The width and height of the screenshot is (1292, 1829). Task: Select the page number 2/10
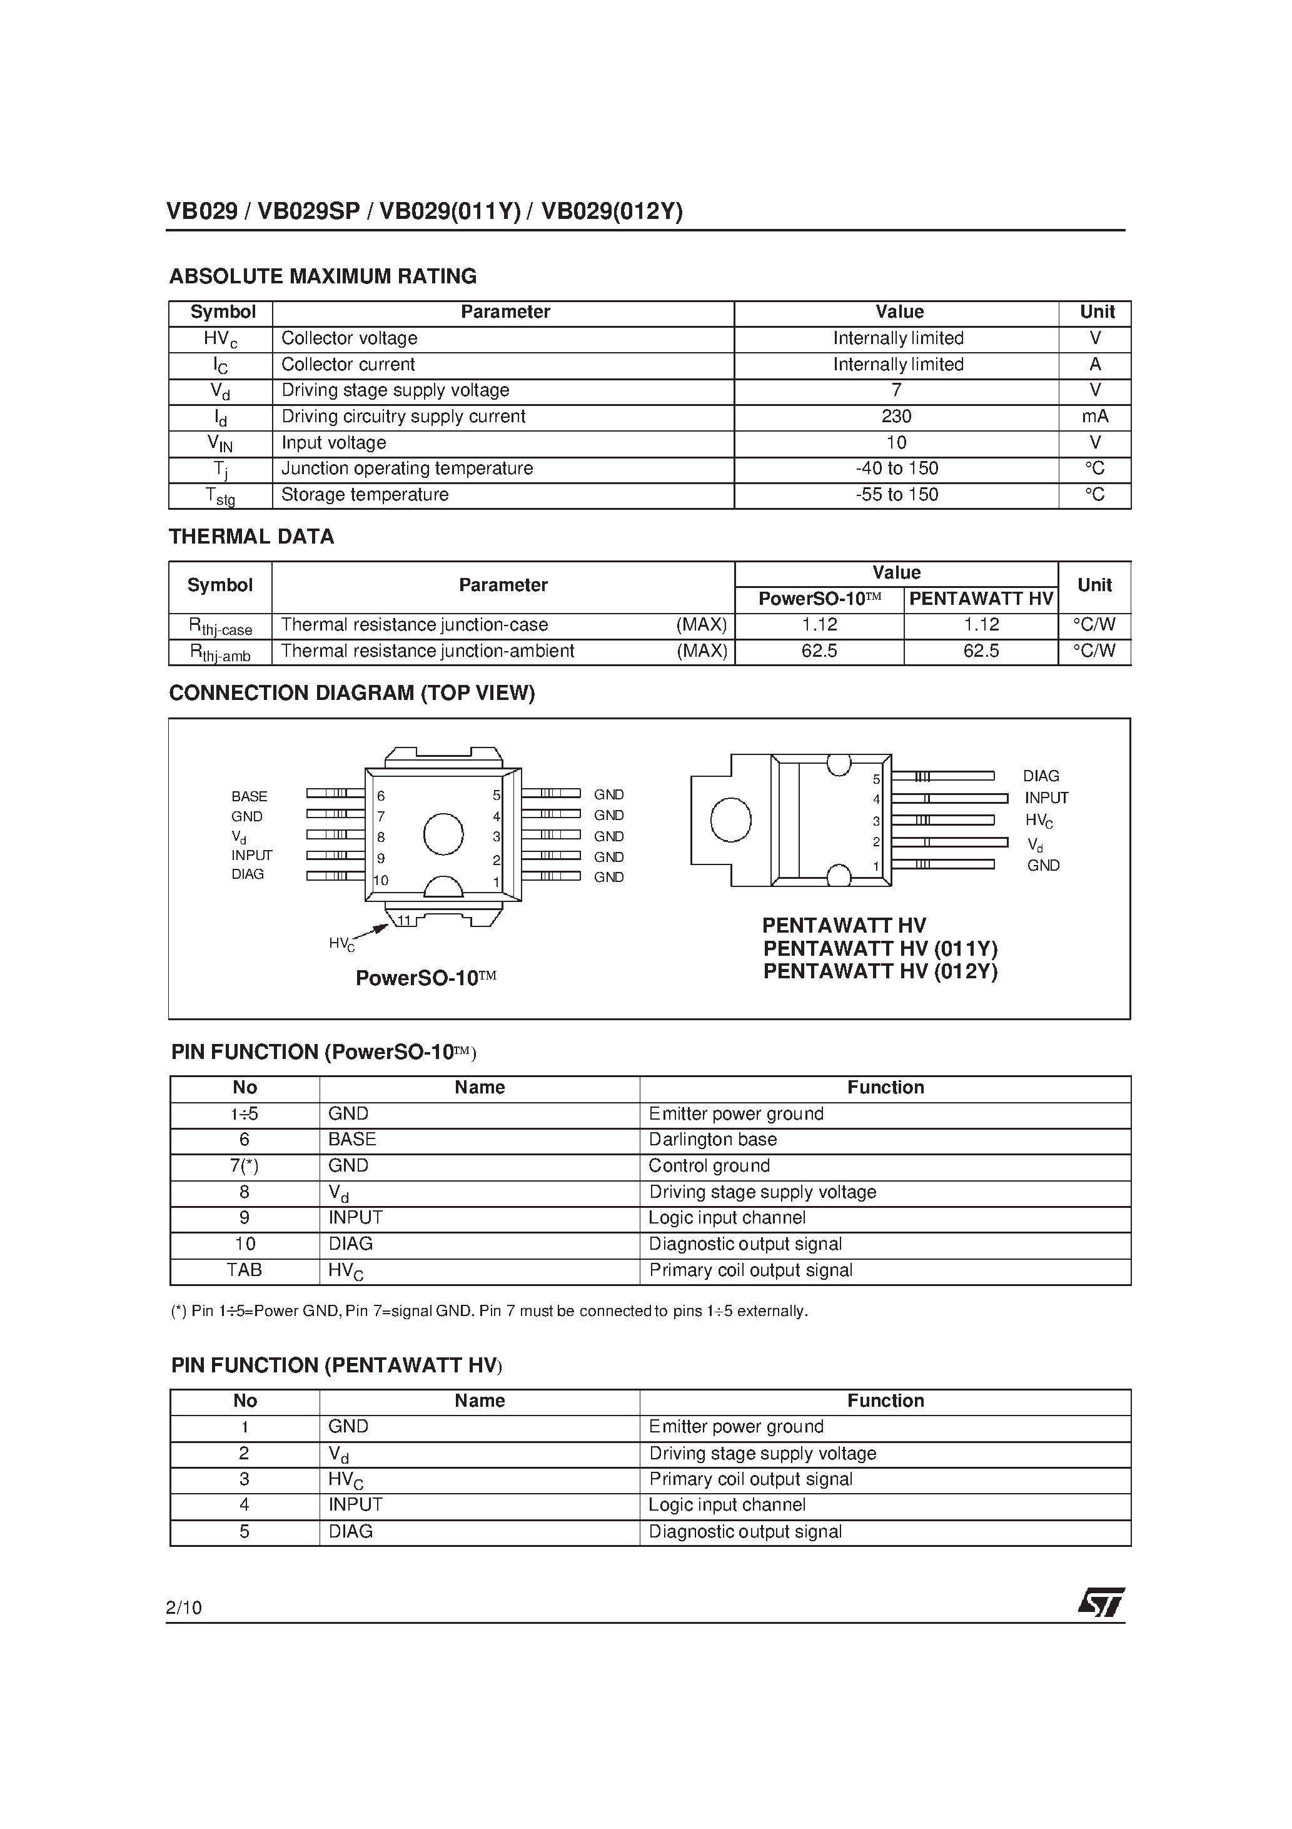click(184, 1608)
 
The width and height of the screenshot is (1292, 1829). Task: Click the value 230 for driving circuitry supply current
click(896, 417)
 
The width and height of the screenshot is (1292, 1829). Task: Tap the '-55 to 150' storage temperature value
click(896, 495)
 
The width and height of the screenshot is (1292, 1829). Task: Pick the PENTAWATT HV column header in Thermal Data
click(981, 599)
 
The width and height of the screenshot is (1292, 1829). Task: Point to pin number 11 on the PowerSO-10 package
click(405, 920)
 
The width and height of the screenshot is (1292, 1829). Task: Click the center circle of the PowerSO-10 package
click(443, 834)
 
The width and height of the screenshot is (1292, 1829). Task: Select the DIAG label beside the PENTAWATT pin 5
click(1040, 776)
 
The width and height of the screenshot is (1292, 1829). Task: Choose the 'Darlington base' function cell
click(712, 1140)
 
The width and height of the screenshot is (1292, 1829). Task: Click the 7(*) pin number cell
click(244, 1166)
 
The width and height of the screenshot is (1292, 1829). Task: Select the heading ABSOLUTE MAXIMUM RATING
click(323, 276)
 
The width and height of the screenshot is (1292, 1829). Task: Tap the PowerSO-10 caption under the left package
click(425, 978)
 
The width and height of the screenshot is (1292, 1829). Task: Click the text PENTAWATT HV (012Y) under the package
click(879, 971)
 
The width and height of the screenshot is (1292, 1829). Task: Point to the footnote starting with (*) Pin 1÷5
click(489, 1311)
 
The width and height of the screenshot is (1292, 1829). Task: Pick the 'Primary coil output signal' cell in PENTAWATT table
click(750, 1479)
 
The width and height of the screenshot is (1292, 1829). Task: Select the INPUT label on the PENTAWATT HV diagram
click(1046, 798)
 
